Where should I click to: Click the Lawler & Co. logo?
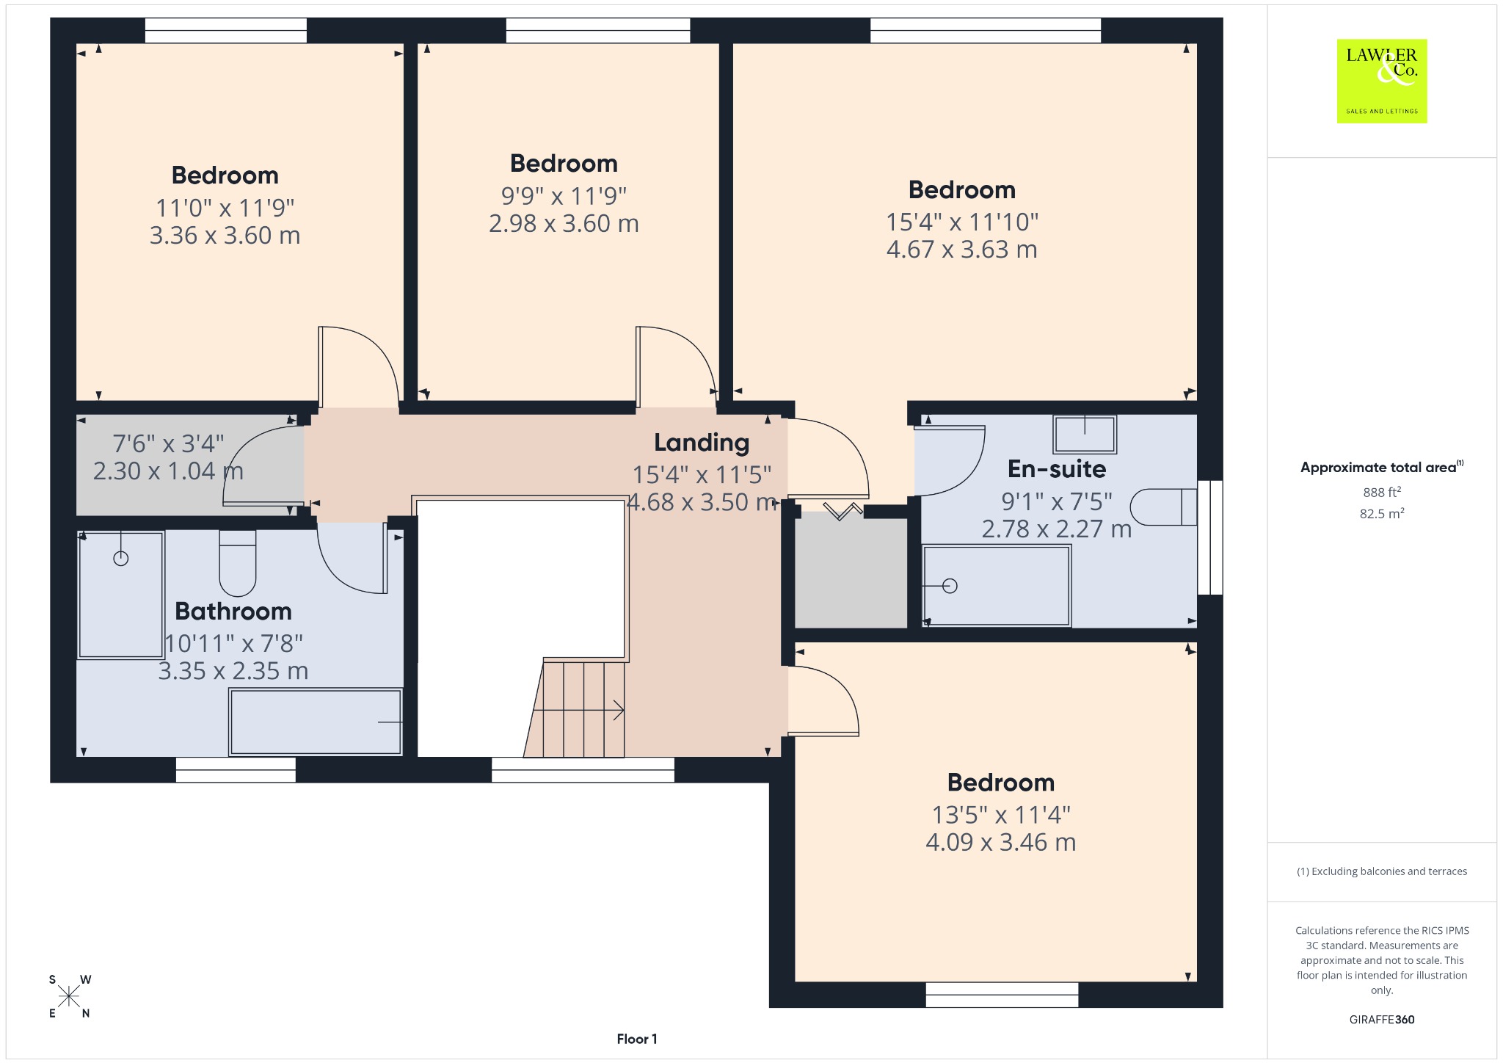tap(1382, 81)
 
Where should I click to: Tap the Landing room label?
tap(702, 443)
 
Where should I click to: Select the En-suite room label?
tap(1057, 468)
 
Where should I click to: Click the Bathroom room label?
tap(233, 611)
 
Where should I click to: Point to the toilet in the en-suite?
tap(1164, 507)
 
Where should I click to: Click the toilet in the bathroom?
tap(238, 563)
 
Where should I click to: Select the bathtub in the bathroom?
tap(316, 722)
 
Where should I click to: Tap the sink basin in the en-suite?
tap(1085, 434)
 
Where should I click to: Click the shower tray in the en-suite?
tap(997, 585)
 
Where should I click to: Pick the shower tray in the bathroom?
tap(121, 595)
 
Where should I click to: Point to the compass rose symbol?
tap(69, 996)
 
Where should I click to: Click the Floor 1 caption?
tap(637, 1039)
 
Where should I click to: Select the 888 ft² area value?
tap(1382, 492)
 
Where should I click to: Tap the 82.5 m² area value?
tap(1382, 513)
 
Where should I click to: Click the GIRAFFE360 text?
tap(1382, 1019)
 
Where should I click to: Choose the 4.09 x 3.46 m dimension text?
tap(1001, 842)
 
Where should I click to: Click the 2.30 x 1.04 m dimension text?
tap(168, 471)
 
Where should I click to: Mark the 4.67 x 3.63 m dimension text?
tap(962, 250)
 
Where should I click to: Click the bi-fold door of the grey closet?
tap(843, 510)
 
